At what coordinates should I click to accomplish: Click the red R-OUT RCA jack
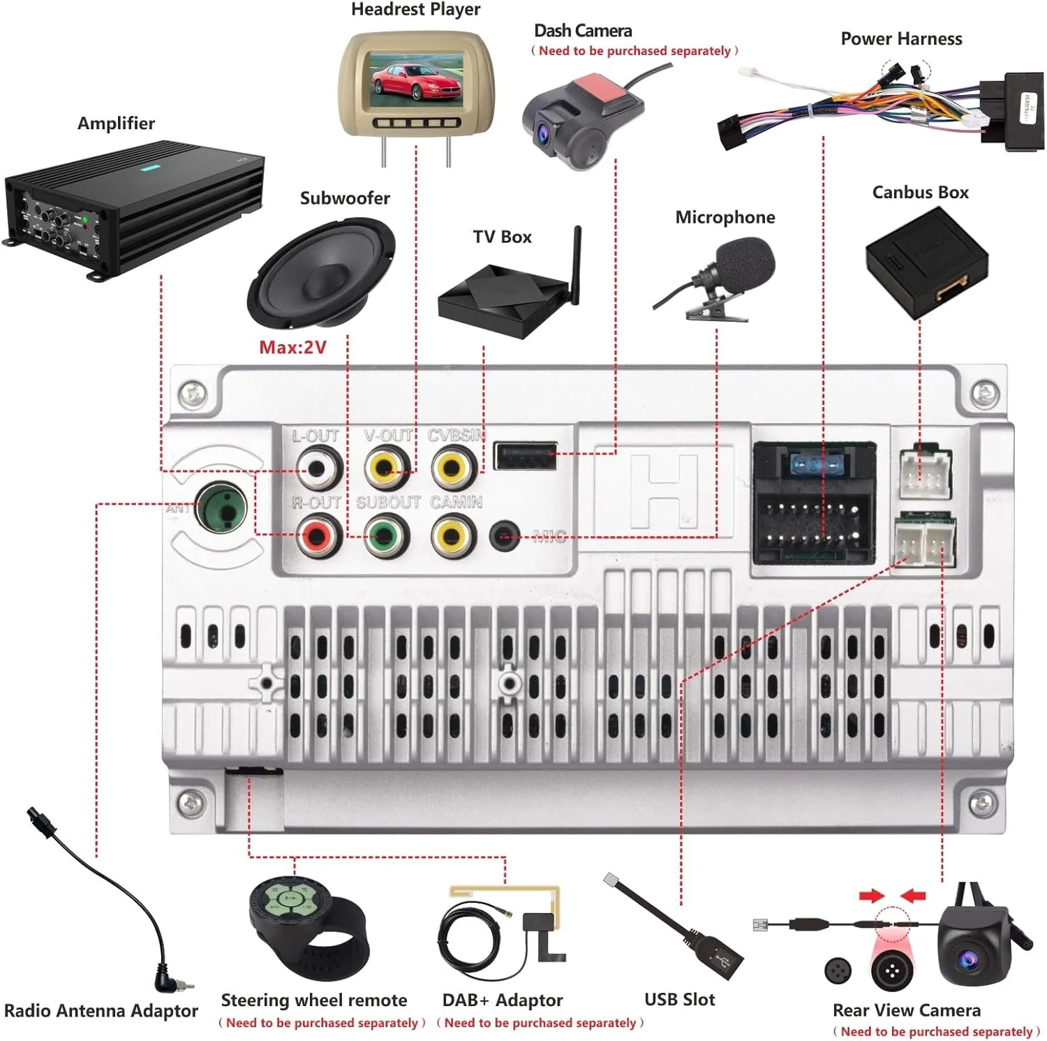(x=318, y=536)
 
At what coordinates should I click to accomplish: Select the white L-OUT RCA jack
(x=318, y=468)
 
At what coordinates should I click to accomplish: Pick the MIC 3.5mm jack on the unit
(x=505, y=536)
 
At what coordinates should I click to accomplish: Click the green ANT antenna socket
(x=222, y=508)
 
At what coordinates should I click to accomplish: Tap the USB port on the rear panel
(x=525, y=457)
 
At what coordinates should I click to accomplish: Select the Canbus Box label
(x=920, y=193)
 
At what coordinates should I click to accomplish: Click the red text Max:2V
(x=292, y=347)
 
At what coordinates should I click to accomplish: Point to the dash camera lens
(x=543, y=132)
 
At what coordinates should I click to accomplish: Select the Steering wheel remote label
(x=313, y=1000)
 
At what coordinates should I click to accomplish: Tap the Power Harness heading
(x=901, y=39)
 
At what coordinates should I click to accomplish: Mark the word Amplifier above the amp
(x=116, y=124)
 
